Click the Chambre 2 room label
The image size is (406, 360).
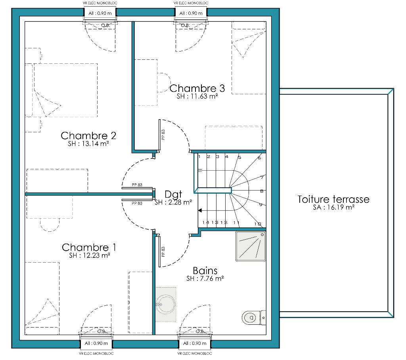pyautogui.click(x=88, y=135)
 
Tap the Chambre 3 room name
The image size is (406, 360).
pyautogui.click(x=197, y=88)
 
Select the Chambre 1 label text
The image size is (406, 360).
pyautogui.click(x=89, y=248)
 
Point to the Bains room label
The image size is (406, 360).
pyautogui.click(x=205, y=271)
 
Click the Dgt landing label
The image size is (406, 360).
pyautogui.click(x=173, y=194)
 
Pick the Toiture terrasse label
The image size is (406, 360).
pyautogui.click(x=333, y=199)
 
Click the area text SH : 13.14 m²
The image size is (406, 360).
pyautogui.click(x=88, y=144)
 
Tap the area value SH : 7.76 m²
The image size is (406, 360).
pyautogui.click(x=205, y=278)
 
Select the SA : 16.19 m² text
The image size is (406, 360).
pyautogui.click(x=333, y=208)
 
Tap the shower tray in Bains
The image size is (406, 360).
pyautogui.click(x=251, y=246)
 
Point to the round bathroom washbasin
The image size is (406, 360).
pyautogui.click(x=166, y=305)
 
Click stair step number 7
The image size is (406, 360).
pyautogui.click(x=262, y=177)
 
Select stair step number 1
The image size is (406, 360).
pyautogui.click(x=199, y=156)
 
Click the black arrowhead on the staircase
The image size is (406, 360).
pyautogui.click(x=200, y=211)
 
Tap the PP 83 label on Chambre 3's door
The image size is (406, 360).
pyautogui.click(x=163, y=135)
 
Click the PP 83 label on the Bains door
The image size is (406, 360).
pyautogui.click(x=163, y=251)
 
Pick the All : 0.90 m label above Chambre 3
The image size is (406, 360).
pyautogui.click(x=191, y=13)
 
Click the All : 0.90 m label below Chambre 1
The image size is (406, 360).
pyautogui.click(x=96, y=343)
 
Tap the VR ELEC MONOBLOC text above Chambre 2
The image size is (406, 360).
pyautogui.click(x=100, y=3)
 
